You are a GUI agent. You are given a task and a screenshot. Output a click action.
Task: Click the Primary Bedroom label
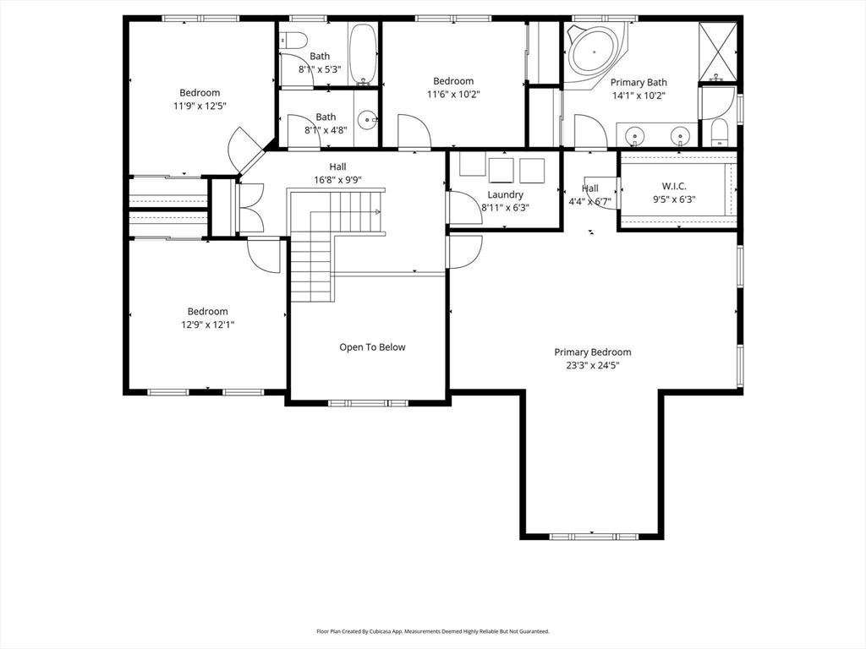(x=593, y=352)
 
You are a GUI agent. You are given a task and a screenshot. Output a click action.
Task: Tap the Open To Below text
(x=372, y=347)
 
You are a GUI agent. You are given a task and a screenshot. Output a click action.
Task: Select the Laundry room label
(x=506, y=195)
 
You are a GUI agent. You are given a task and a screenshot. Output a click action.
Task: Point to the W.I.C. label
(x=674, y=187)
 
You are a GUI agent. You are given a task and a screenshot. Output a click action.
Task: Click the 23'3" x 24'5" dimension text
(x=593, y=365)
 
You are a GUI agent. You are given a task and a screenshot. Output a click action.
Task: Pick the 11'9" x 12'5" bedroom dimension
(x=200, y=106)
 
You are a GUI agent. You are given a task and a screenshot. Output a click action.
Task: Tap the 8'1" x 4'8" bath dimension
(x=326, y=130)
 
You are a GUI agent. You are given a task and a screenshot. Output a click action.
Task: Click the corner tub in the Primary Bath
(x=595, y=52)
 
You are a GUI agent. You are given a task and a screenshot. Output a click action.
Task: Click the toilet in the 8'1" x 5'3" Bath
(x=293, y=41)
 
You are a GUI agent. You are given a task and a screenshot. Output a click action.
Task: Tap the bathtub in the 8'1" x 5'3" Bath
(x=363, y=54)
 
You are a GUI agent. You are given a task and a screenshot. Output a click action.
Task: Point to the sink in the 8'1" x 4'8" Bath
(x=367, y=118)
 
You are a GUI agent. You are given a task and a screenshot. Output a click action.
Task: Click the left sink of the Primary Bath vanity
(x=635, y=135)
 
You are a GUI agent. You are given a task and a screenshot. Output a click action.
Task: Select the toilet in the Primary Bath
(x=720, y=133)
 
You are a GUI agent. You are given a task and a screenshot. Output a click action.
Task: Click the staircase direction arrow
(x=378, y=211)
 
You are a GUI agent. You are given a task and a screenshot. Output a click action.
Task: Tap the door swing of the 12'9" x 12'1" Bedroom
(x=264, y=254)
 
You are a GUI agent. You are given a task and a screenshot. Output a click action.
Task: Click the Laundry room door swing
(x=465, y=207)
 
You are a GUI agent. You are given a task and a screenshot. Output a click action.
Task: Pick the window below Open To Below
(x=369, y=403)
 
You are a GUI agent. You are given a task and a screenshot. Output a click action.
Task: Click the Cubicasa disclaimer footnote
(x=433, y=631)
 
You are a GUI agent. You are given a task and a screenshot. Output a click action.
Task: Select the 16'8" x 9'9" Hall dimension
(x=338, y=180)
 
